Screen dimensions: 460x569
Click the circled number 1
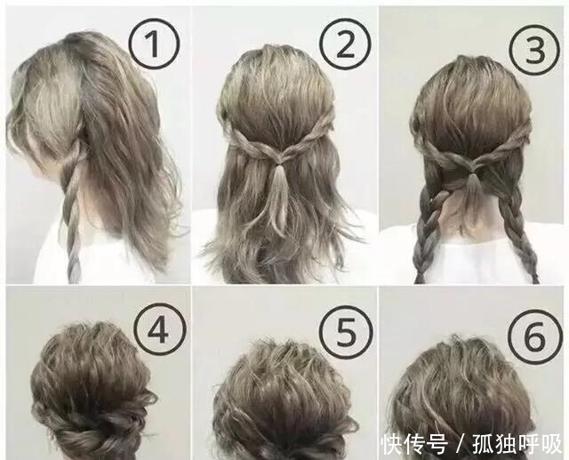pos(155,43)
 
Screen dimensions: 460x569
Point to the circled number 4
pos(157,331)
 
